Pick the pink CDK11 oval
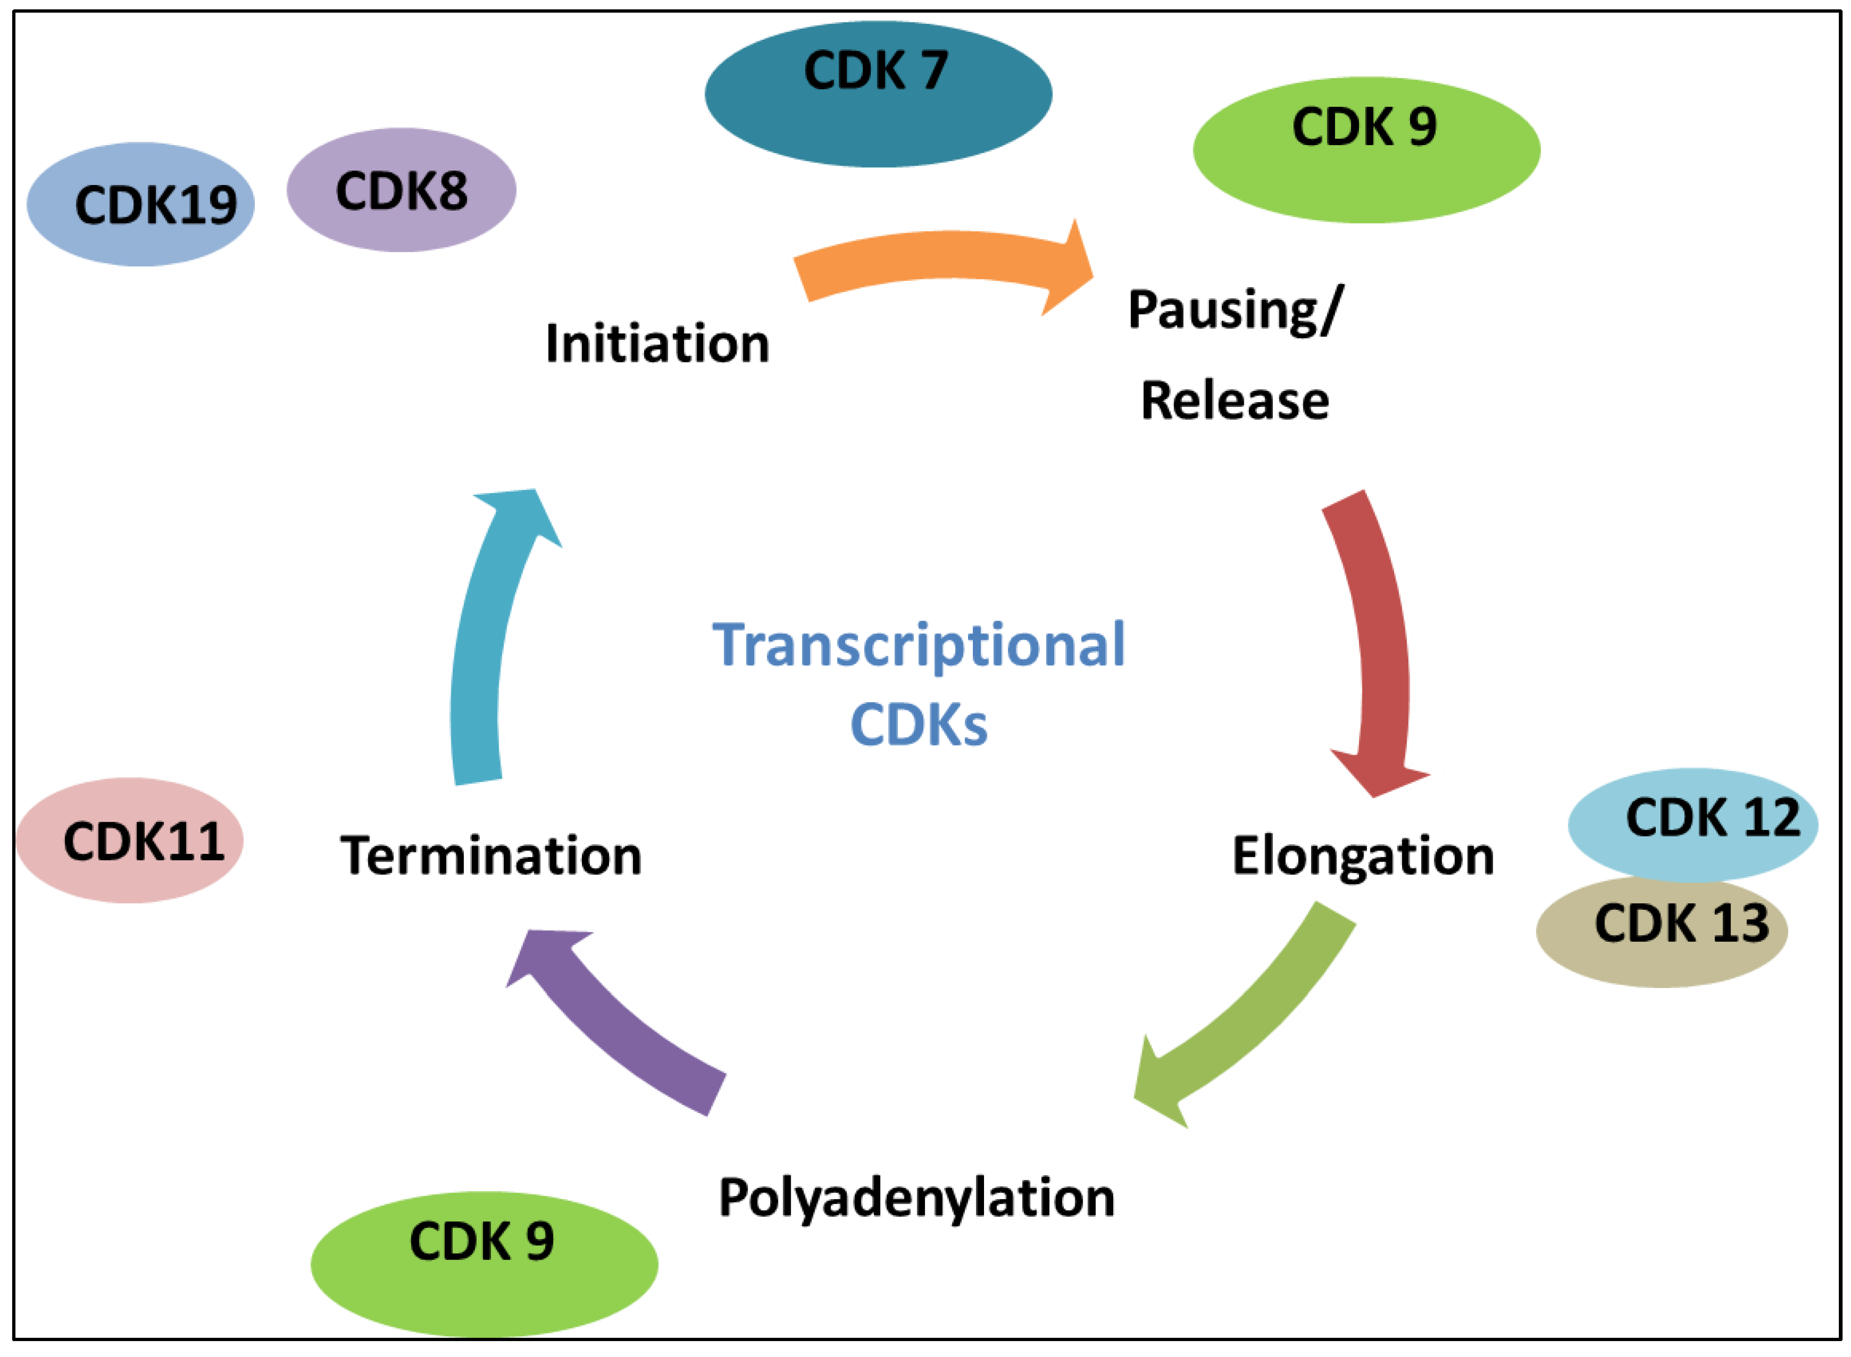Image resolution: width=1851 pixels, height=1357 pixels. tap(130, 841)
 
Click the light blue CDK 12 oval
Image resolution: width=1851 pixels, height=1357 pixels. tap(1692, 824)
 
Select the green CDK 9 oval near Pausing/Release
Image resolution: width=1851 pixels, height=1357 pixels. tap(1366, 149)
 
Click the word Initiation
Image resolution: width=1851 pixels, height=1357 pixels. tap(658, 343)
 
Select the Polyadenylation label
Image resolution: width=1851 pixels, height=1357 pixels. tap(917, 1198)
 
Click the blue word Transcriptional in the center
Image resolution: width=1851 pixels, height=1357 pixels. tap(919, 646)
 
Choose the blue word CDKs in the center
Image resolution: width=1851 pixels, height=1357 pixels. tap(919, 724)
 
